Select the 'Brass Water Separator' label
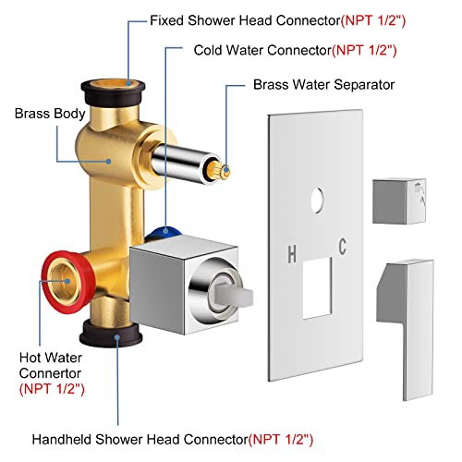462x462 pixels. pyautogui.click(x=323, y=84)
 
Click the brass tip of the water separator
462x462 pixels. pyautogui.click(x=223, y=143)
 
